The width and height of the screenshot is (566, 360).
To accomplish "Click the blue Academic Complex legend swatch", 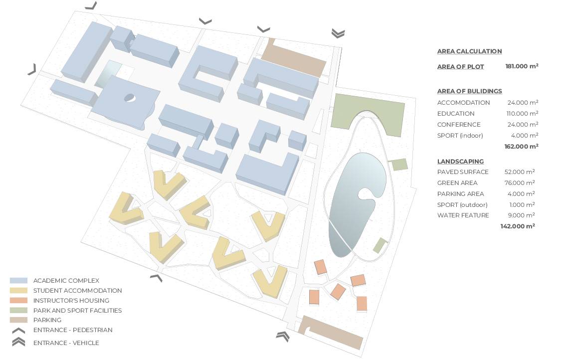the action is click(x=18, y=281).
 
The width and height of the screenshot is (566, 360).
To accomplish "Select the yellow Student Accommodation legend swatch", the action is click(x=18, y=290).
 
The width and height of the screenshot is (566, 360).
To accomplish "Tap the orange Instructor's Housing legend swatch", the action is click(x=18, y=301).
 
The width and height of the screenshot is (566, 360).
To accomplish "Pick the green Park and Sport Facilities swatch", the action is click(x=18, y=310).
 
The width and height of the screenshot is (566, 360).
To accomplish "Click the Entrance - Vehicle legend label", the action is click(x=66, y=343).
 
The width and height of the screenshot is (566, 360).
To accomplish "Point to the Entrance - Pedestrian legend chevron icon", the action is click(x=18, y=331).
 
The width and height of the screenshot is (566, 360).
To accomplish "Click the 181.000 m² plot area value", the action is click(x=522, y=66).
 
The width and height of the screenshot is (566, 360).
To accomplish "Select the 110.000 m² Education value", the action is click(x=522, y=113).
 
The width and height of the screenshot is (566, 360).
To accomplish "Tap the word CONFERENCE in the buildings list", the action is click(x=459, y=125).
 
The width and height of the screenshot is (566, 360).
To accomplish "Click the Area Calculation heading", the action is click(x=469, y=51).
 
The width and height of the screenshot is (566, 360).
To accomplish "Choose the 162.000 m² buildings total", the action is click(x=521, y=146).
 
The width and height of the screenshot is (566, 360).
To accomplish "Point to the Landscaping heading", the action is click(x=460, y=162).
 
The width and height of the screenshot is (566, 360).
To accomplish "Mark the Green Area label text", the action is click(x=457, y=183).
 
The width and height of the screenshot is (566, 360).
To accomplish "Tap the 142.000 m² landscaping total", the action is click(x=517, y=226).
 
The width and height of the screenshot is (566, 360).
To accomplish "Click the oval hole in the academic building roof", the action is click(x=129, y=98).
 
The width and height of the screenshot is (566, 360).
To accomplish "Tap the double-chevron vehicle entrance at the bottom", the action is click(x=283, y=336).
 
